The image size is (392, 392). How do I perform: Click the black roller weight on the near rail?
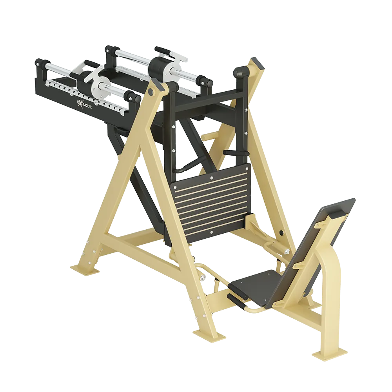tap(84, 81)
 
